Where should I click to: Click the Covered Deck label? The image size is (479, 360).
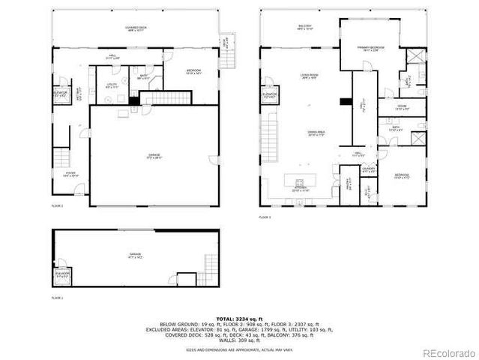(x=136, y=29)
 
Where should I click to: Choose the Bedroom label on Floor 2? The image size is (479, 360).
(x=193, y=72)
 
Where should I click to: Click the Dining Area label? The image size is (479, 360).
(x=315, y=133)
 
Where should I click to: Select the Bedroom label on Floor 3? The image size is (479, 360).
(x=402, y=176)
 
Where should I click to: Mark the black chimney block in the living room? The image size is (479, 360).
(x=344, y=101)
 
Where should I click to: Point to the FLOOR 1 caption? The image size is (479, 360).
(x=58, y=298)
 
